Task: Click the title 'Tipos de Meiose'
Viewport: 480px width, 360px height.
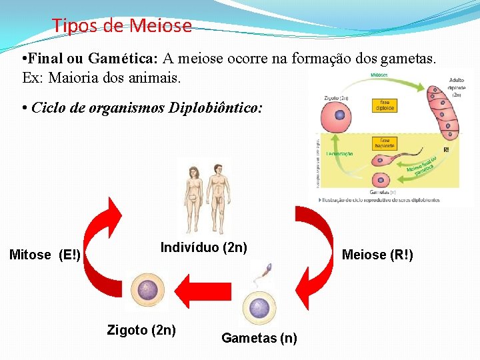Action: (122, 26)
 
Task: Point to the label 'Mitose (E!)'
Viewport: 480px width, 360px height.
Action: (45, 255)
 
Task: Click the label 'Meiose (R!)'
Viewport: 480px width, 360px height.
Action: (377, 255)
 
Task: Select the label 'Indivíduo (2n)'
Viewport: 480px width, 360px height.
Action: (204, 248)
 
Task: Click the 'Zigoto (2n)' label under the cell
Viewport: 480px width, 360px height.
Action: (141, 329)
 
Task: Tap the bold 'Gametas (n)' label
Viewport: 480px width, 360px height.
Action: (259, 338)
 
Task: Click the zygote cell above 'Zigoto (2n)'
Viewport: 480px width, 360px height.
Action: (146, 292)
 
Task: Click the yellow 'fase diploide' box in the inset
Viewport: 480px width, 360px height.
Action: (385, 105)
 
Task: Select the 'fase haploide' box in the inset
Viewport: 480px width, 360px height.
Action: (385, 143)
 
